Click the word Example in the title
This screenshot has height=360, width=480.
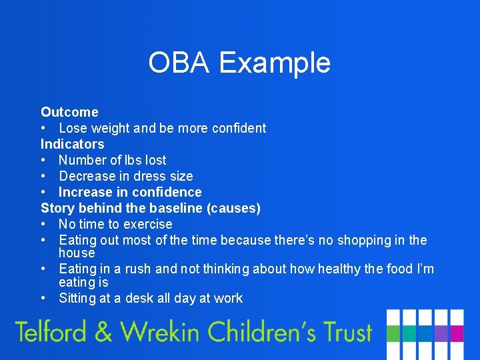point(275,63)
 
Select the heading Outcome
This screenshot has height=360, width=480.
point(69,112)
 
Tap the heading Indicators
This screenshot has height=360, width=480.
point(73,144)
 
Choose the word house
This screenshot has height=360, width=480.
point(77,253)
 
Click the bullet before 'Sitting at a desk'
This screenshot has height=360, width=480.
point(44,299)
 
